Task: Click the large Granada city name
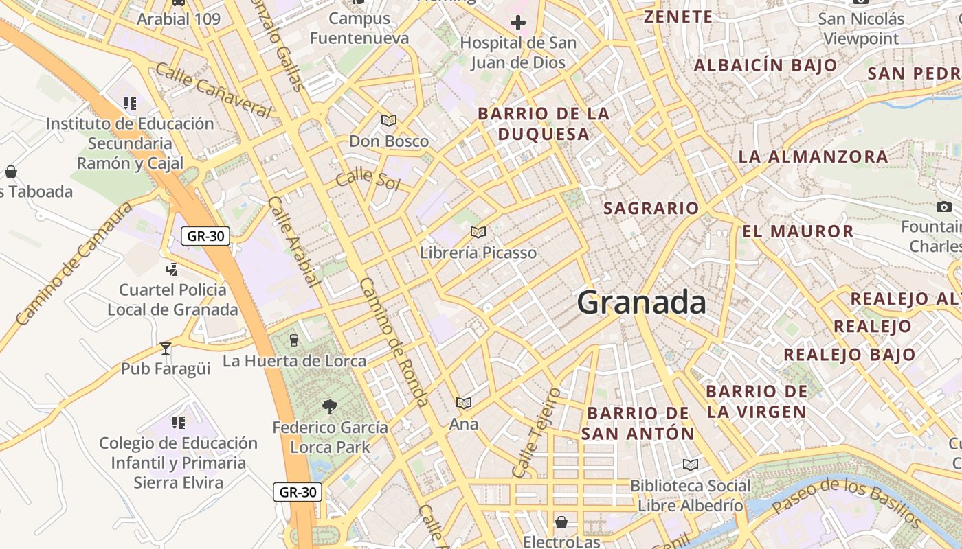click(641, 303)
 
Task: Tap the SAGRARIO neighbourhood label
click(651, 208)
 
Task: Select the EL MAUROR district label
click(798, 231)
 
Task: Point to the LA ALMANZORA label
click(813, 156)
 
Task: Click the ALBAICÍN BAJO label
click(765, 66)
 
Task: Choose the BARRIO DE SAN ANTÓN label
click(638, 423)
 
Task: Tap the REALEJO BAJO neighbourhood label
click(849, 355)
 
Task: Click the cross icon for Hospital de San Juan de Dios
click(518, 23)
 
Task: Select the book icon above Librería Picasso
click(478, 233)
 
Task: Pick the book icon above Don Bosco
click(389, 121)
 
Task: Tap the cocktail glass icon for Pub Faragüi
click(165, 349)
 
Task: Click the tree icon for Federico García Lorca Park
click(330, 407)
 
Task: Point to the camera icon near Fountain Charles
click(944, 207)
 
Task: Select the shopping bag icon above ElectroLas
click(561, 522)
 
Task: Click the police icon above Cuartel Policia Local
click(172, 269)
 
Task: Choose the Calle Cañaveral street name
click(214, 89)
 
